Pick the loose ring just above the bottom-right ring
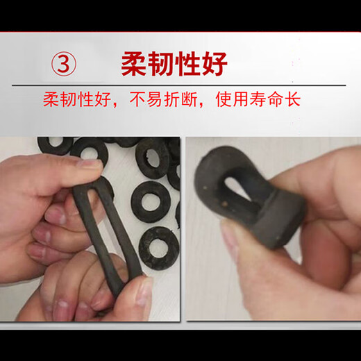(x=151, y=202)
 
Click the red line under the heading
(x=180, y=85)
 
